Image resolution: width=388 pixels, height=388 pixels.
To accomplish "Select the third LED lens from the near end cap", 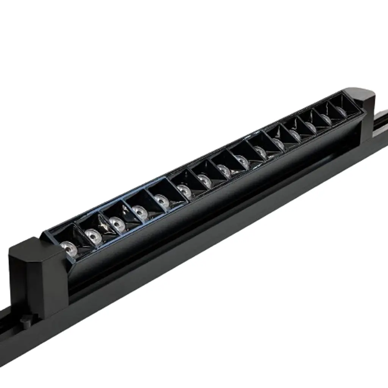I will coord(117,224).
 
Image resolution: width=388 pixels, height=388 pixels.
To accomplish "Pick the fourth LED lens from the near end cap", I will coord(140,211).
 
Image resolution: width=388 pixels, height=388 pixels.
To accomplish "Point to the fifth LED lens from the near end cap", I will coord(162,200).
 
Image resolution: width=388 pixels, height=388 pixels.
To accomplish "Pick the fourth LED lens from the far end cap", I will coord(295,135).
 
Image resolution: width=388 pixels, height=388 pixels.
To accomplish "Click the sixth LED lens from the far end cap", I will coord(261,152).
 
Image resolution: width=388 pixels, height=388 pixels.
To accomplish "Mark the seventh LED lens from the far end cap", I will coord(243,161).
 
